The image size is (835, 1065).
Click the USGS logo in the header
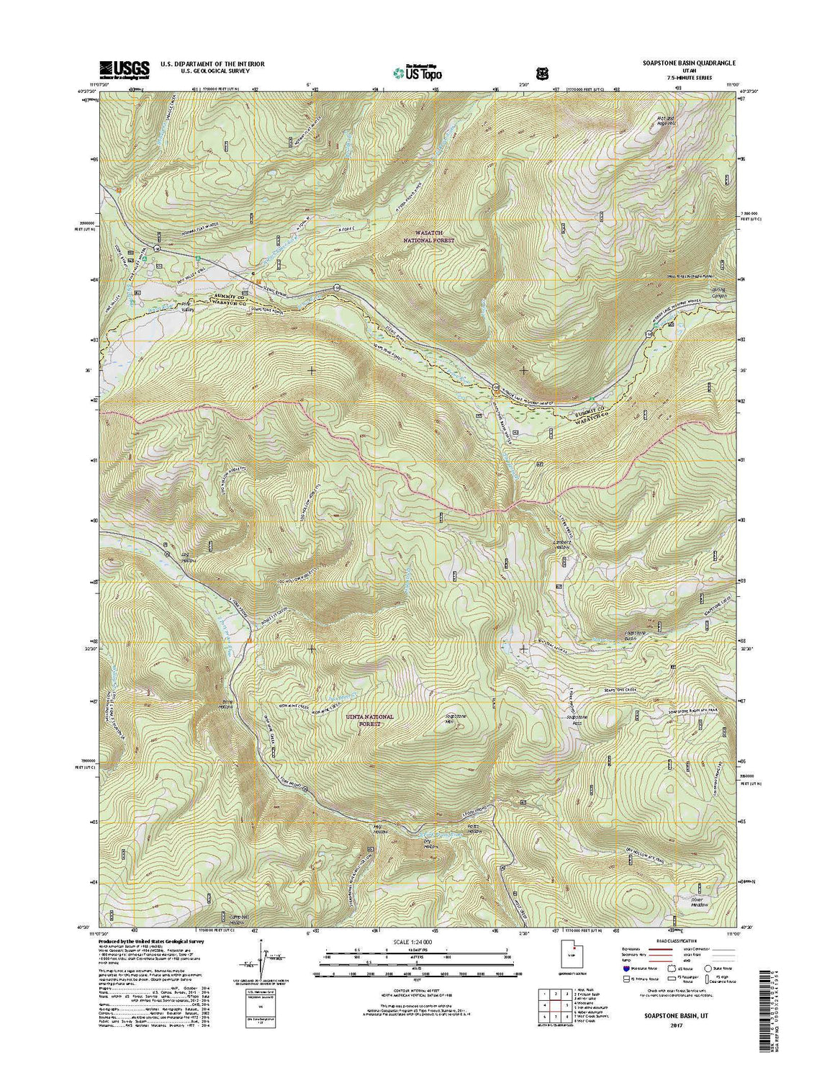(125, 68)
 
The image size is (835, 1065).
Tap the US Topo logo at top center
(417, 71)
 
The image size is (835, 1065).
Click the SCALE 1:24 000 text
(417, 941)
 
